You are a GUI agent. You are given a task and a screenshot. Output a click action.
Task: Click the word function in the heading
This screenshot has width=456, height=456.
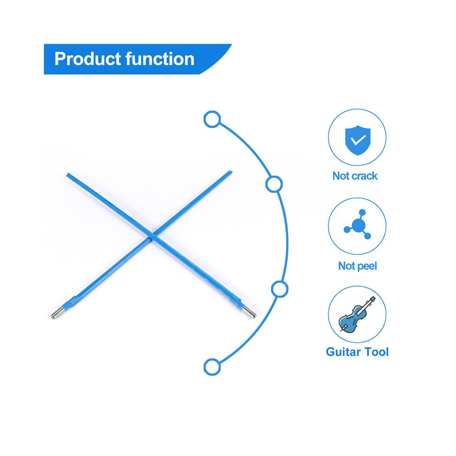[x=160, y=59]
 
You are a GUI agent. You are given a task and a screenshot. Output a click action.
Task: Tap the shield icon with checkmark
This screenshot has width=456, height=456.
[x=358, y=140]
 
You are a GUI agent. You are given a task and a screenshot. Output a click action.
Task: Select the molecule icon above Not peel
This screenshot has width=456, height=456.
[x=357, y=224]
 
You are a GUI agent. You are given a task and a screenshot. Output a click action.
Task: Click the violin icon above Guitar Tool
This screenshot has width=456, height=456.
[x=357, y=315]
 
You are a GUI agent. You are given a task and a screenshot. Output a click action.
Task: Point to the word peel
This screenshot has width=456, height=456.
[x=366, y=266]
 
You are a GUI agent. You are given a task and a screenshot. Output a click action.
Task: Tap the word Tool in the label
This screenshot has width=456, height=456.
[x=376, y=352]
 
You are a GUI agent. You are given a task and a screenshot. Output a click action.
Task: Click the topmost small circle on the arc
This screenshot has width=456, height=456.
[x=212, y=119]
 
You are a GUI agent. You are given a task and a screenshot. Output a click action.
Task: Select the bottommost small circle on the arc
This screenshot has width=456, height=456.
[x=212, y=367]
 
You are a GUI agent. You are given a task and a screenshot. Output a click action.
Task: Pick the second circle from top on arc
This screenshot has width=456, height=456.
[x=274, y=184]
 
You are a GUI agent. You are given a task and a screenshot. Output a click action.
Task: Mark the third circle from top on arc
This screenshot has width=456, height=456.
[x=280, y=289]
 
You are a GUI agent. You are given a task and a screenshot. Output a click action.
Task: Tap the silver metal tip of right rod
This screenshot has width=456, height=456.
[x=249, y=312]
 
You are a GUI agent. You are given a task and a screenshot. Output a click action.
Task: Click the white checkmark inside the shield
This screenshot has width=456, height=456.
[x=358, y=140]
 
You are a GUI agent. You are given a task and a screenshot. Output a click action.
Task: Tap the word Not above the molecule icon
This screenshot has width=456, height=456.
[x=340, y=176]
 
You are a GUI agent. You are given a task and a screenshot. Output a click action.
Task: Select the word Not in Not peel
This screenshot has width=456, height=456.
[x=345, y=266]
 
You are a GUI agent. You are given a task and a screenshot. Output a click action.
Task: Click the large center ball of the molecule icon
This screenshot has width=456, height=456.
[x=358, y=225]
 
